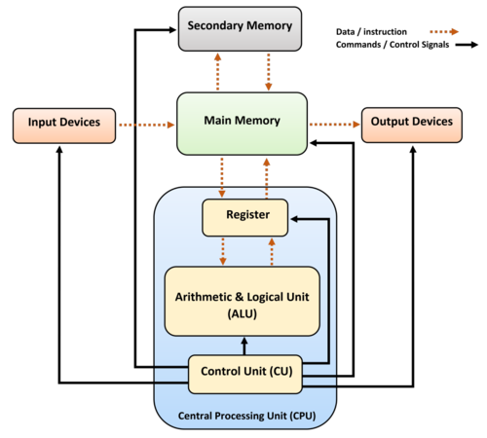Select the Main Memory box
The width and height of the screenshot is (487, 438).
[243, 122]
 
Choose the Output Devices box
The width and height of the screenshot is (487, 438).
[409, 123]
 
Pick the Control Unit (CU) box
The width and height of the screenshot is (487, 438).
[244, 371]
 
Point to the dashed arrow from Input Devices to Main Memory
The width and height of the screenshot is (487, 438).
[146, 124]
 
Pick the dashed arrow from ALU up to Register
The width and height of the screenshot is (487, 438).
[270, 251]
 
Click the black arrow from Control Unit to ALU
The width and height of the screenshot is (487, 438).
[243, 347]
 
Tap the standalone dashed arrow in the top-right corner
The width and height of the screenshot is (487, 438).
[443, 32]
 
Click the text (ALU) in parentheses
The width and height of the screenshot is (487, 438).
[243, 313]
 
